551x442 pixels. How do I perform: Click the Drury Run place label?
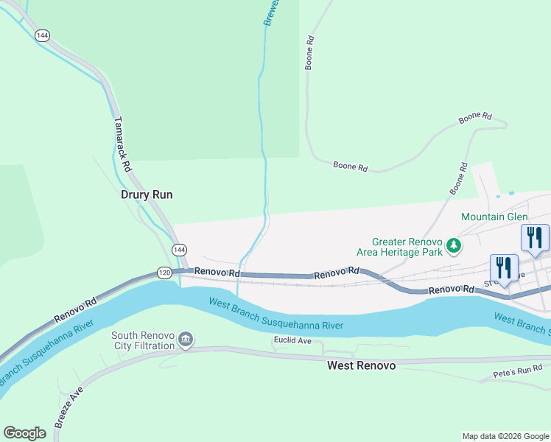146,195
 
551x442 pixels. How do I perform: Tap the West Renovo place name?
361,365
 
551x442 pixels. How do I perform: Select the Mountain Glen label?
494,217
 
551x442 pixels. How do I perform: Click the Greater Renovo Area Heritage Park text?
407,246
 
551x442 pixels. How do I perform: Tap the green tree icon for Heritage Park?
456,245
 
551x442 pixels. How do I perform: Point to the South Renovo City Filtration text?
143,340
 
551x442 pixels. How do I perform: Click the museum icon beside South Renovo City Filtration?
186,340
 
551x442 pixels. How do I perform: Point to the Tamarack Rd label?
122,144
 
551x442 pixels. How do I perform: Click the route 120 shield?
164,273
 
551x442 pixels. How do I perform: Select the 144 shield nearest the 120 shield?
180,250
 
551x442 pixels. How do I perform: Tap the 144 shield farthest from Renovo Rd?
42,35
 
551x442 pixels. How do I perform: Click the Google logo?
24,433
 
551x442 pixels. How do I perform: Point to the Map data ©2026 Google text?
505,436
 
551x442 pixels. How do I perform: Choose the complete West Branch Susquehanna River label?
276,314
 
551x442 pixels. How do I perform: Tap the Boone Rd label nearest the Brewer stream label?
311,53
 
